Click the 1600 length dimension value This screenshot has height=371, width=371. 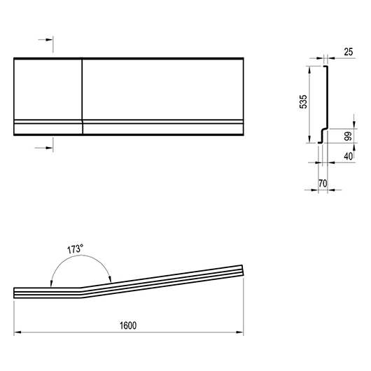click(x=128, y=325)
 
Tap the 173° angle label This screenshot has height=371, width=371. click(x=76, y=249)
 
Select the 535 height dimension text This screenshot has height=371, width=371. click(x=303, y=101)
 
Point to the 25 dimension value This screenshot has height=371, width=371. click(x=349, y=52)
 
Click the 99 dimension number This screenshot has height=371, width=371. click(x=349, y=136)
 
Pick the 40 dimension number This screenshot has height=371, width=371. click(x=348, y=156)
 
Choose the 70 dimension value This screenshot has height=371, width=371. click(x=323, y=183)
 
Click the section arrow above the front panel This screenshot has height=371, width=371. click(x=45, y=40)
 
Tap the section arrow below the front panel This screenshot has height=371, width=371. click(x=44, y=148)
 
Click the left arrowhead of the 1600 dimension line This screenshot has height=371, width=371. click(x=17, y=332)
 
